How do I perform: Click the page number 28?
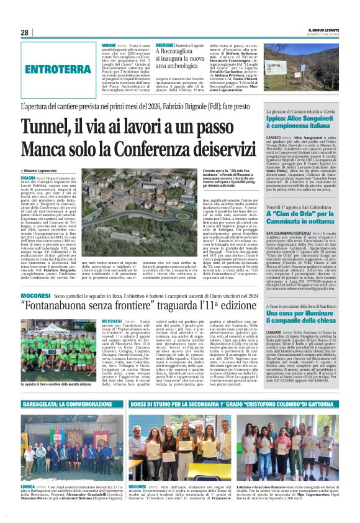click(24, 32)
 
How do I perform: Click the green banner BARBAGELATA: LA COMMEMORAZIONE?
click(72, 404)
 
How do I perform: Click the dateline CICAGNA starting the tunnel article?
click(29, 177)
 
